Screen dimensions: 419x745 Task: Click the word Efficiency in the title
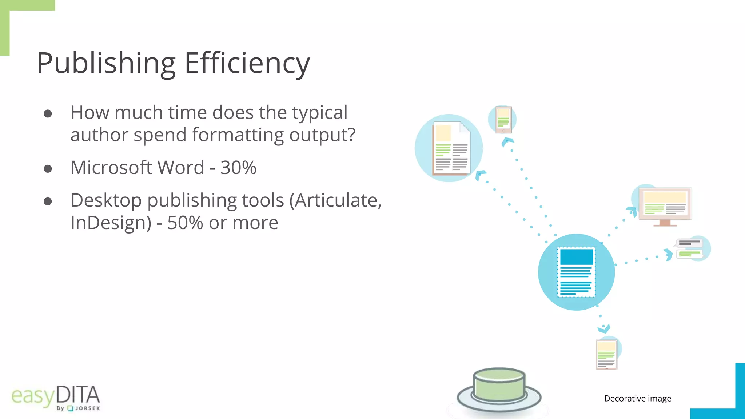(x=247, y=63)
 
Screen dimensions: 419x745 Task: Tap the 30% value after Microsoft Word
(x=238, y=168)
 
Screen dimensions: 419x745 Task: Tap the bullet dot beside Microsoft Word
(x=48, y=169)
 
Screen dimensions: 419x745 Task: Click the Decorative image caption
(x=638, y=399)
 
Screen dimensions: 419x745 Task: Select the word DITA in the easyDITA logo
(x=78, y=395)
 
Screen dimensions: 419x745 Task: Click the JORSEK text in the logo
(x=87, y=408)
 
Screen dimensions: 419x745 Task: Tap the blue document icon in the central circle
(x=576, y=272)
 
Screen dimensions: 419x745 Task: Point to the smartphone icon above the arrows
(x=503, y=120)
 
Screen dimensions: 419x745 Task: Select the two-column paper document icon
(x=451, y=148)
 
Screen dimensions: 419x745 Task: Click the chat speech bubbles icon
(x=689, y=248)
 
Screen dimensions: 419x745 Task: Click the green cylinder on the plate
(x=499, y=384)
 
